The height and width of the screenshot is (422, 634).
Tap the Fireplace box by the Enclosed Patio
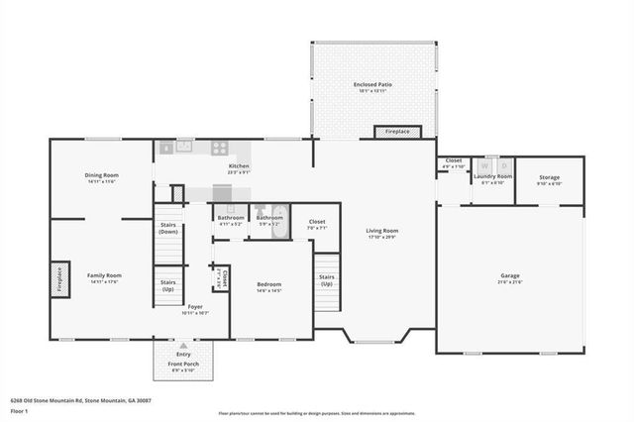pyautogui.click(x=397, y=131)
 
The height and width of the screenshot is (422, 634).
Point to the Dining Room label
pyautogui.click(x=101, y=175)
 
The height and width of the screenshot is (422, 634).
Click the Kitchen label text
pyautogui.click(x=239, y=165)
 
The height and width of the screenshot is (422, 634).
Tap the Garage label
pyautogui.click(x=510, y=275)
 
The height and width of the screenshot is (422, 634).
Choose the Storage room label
pyautogui.click(x=549, y=177)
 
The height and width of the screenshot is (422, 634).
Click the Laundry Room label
pyautogui.click(x=492, y=176)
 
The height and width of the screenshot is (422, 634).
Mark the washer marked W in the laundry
pyautogui.click(x=484, y=164)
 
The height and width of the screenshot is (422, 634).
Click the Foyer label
pyautogui.click(x=195, y=307)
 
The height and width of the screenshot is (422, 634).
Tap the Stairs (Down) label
pyautogui.click(x=168, y=229)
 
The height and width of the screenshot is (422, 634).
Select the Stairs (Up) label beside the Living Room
pyautogui.click(x=326, y=279)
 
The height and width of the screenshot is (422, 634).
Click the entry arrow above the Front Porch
pyautogui.click(x=183, y=346)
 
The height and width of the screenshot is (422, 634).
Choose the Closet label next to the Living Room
pyautogui.click(x=317, y=222)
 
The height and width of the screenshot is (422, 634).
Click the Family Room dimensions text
pyautogui.click(x=102, y=282)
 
